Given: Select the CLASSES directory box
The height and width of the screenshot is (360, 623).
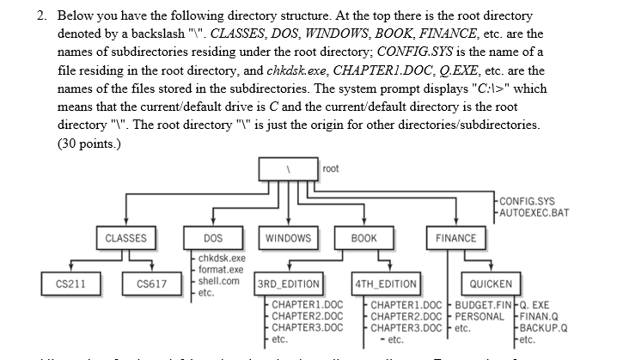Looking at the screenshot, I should coord(125,238).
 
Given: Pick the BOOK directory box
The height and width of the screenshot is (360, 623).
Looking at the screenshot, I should coord(363,238).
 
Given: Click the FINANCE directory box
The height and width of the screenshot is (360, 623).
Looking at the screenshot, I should coord(455,238).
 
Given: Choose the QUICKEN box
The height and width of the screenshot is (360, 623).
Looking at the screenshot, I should coord(491,284).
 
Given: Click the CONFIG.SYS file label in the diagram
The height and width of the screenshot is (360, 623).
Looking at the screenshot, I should coord(528,201).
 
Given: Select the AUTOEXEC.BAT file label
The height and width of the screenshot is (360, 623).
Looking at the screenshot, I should coord(535,212).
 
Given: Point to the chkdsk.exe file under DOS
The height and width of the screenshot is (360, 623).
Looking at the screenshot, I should coord(222,258).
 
